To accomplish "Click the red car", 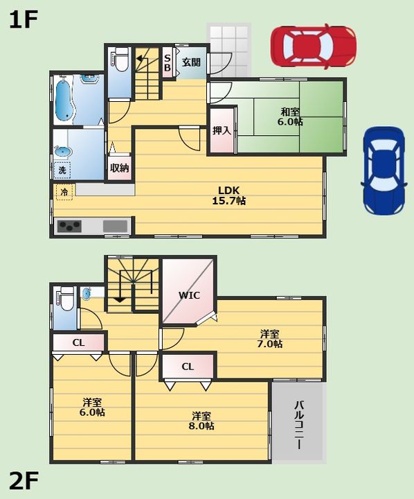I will click(314, 46).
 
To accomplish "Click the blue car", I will click(383, 170).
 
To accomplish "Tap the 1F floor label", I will click(22, 19).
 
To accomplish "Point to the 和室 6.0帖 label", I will click(291, 116).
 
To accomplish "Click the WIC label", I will click(189, 295).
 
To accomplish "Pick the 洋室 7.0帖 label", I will click(270, 338).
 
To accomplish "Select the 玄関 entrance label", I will click(192, 62).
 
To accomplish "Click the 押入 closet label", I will click(222, 130).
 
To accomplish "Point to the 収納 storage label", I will click(119, 167).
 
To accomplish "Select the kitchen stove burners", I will click(69, 226).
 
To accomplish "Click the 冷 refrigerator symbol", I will click(64, 191).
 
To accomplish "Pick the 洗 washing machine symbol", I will click(62, 169).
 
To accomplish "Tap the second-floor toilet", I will click(66, 299).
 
